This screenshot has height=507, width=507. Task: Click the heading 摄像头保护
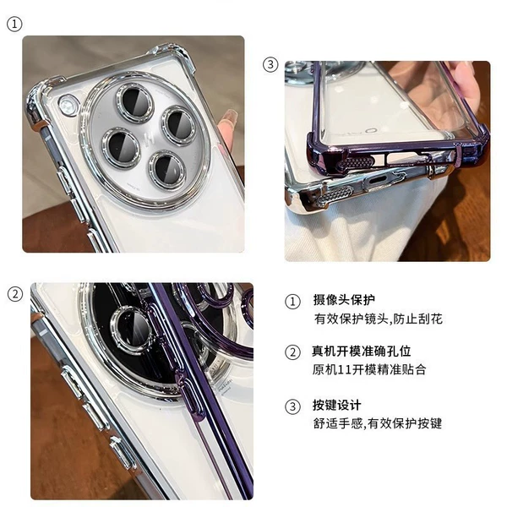coord(344,300)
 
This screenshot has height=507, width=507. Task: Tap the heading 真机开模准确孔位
coord(362,352)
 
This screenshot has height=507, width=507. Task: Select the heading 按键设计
coord(336,405)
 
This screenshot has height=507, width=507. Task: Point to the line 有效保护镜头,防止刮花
coord(378,319)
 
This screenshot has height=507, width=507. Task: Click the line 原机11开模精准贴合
coord(369,369)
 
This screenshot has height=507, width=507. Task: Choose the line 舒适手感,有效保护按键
coord(378,423)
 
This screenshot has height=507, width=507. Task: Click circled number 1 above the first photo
coord(14,25)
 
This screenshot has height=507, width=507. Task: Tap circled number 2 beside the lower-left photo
coord(15,295)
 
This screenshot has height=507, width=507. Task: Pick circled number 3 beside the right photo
coord(270,65)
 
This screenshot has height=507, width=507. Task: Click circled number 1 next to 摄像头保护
coord(292,302)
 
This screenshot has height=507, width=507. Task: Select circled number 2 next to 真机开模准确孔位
coord(292,352)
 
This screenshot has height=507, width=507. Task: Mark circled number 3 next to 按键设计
coord(292,406)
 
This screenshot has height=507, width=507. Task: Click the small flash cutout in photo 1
coord(68,105)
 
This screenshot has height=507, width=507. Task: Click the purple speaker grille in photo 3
coord(356,162)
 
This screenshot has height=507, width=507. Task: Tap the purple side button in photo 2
coord(191,395)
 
